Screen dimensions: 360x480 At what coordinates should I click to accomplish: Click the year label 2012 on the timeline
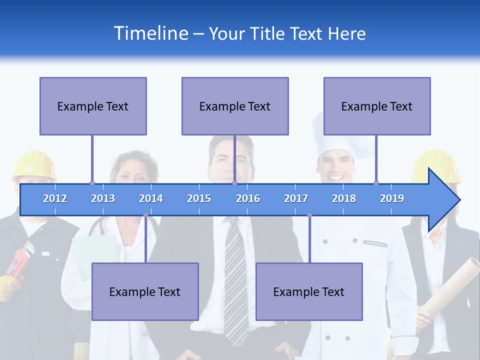coord(55,198)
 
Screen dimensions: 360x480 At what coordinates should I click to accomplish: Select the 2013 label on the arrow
coord(103,198)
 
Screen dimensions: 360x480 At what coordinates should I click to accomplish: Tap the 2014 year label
coord(151,198)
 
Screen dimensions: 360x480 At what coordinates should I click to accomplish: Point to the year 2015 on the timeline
coord(199,198)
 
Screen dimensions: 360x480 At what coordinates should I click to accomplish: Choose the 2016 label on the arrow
coord(248,198)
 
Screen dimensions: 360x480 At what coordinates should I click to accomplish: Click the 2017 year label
coord(296,198)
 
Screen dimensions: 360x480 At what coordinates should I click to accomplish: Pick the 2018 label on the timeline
coord(344,198)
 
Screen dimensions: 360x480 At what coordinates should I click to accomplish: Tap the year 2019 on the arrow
coord(392,198)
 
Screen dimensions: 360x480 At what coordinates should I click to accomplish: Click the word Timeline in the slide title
coord(150,33)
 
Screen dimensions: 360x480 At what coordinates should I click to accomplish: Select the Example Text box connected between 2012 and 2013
coord(93,106)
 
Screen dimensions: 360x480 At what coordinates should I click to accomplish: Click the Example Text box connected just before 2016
coord(235,106)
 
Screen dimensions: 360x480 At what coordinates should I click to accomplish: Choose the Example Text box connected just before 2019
coord(377,106)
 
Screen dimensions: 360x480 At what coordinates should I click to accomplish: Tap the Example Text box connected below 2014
coord(145,291)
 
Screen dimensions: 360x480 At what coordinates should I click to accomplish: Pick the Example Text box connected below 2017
coord(309,291)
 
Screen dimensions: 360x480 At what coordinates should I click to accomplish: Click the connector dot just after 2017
coord(309,215)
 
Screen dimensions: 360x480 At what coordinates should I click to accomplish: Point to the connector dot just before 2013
coord(92,183)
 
